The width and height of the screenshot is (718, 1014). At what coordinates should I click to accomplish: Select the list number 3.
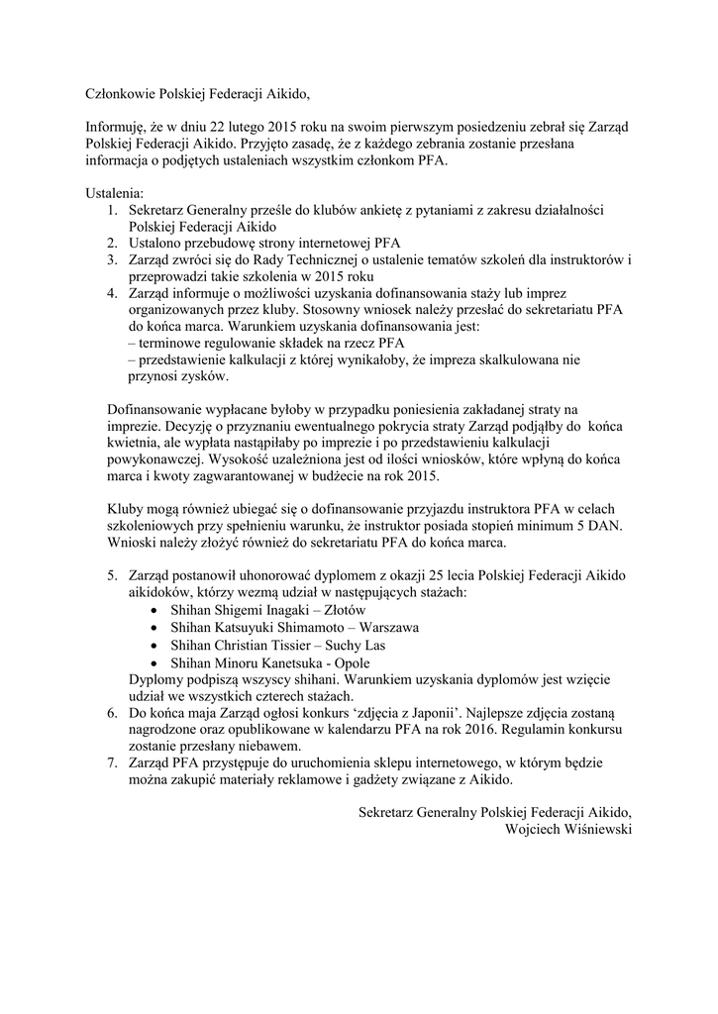pos(113,259)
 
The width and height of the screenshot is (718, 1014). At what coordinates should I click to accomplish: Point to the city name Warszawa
pos(389,628)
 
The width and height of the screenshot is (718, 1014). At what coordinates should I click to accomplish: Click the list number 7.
pos(113,763)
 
